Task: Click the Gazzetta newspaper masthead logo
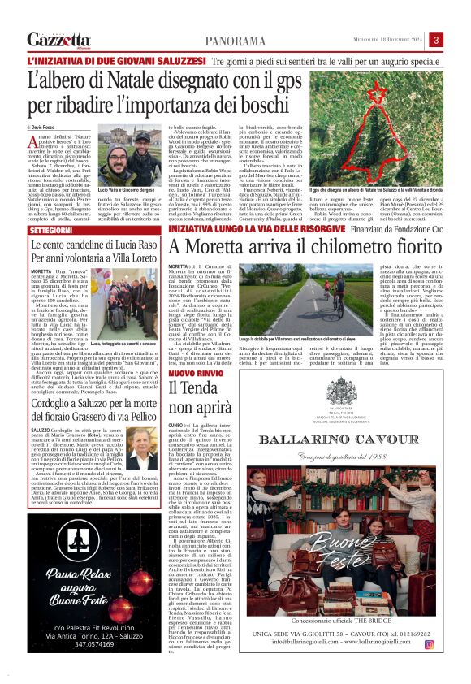(x=58, y=40)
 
